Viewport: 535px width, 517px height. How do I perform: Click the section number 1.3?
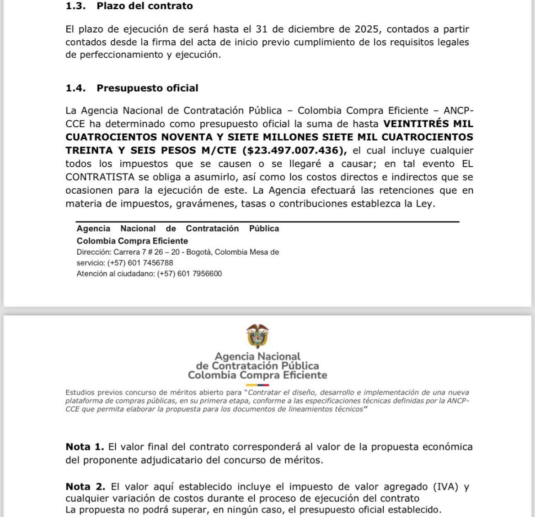(75, 6)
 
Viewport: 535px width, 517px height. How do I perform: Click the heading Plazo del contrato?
(144, 6)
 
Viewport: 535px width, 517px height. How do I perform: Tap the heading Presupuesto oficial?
(147, 88)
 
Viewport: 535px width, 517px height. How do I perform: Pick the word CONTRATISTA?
(100, 177)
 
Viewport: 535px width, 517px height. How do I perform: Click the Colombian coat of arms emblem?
(257, 336)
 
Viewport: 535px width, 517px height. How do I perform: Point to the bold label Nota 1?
(85, 447)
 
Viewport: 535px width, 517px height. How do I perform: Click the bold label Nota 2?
(85, 487)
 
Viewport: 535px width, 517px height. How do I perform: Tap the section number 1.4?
(75, 88)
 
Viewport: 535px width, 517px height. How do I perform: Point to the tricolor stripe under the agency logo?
(257, 385)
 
